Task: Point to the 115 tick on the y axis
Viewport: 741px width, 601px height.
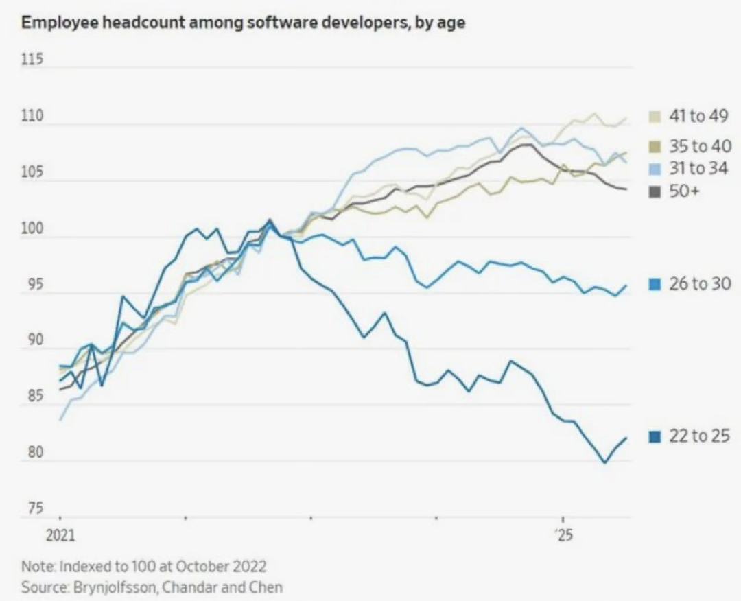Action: pyautogui.click(x=32, y=61)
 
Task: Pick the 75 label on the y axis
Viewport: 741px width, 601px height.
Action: pyautogui.click(x=34, y=509)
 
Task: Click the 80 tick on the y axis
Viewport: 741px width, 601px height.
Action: pyautogui.click(x=34, y=453)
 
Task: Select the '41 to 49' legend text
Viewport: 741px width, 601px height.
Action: pyautogui.click(x=698, y=117)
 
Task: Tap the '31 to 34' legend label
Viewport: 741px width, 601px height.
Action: pyautogui.click(x=698, y=168)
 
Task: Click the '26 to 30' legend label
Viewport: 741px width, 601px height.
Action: pyautogui.click(x=698, y=284)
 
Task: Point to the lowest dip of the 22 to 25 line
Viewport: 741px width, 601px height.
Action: pyautogui.click(x=604, y=462)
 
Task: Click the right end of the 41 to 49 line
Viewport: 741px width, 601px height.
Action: pyautogui.click(x=626, y=119)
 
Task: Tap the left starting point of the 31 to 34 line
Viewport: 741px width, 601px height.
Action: pyautogui.click(x=60, y=419)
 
